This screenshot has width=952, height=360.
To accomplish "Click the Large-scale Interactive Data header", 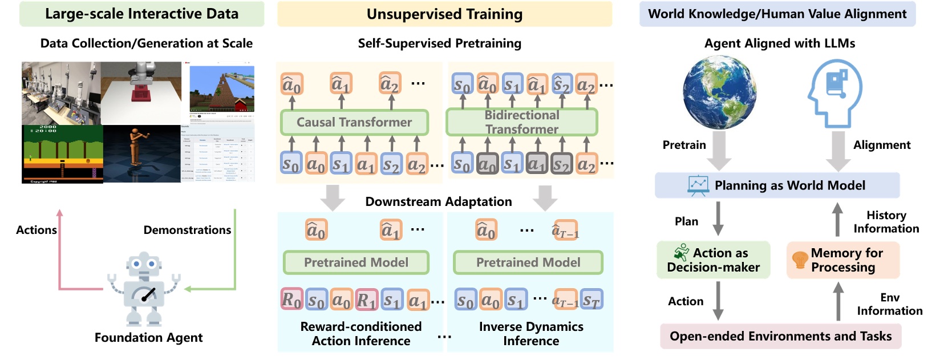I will (141, 14).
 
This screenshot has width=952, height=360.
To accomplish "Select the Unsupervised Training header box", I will (444, 14).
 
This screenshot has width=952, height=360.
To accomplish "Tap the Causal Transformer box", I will (354, 122).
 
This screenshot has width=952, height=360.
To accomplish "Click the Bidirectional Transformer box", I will (521, 122).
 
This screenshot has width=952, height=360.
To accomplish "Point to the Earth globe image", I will (720, 92).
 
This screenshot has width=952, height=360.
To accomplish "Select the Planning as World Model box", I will (777, 185).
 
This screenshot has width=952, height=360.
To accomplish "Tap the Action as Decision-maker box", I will (713, 260).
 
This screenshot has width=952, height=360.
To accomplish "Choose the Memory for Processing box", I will (842, 260).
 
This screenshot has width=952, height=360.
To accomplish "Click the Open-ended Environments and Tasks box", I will (780, 336).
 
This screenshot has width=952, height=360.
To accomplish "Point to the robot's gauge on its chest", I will (145, 294).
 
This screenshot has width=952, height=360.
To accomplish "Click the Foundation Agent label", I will (148, 338).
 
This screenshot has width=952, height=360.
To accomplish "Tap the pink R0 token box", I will (291, 300).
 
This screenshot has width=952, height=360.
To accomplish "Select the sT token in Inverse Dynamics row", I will (592, 300).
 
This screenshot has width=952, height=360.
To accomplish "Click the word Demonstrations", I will (187, 230).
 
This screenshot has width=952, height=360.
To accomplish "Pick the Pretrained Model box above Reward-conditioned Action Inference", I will (356, 262).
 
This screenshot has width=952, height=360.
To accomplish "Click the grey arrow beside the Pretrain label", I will (719, 149).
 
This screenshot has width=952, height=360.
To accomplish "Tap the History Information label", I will (886, 222).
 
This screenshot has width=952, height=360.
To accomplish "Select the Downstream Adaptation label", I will (438, 201).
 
